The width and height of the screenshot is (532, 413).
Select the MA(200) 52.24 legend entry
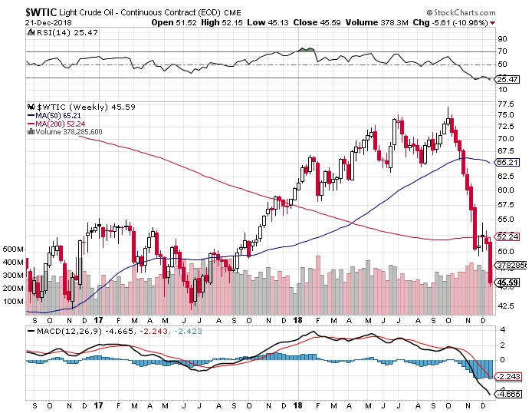(x=57, y=124)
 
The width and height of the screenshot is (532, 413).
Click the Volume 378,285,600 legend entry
(x=70, y=131)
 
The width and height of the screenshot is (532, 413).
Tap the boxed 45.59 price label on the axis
(x=506, y=282)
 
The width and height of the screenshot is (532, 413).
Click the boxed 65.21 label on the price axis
(x=505, y=162)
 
